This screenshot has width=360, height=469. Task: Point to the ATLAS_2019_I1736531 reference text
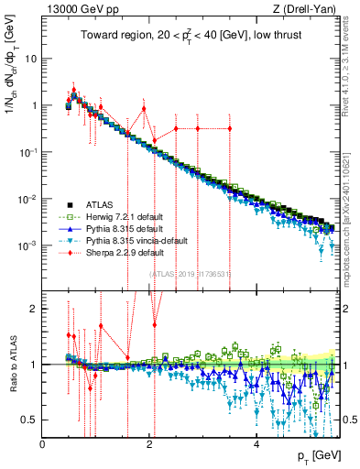190,274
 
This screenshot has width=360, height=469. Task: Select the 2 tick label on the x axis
149,443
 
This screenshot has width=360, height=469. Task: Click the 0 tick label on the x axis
43,443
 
